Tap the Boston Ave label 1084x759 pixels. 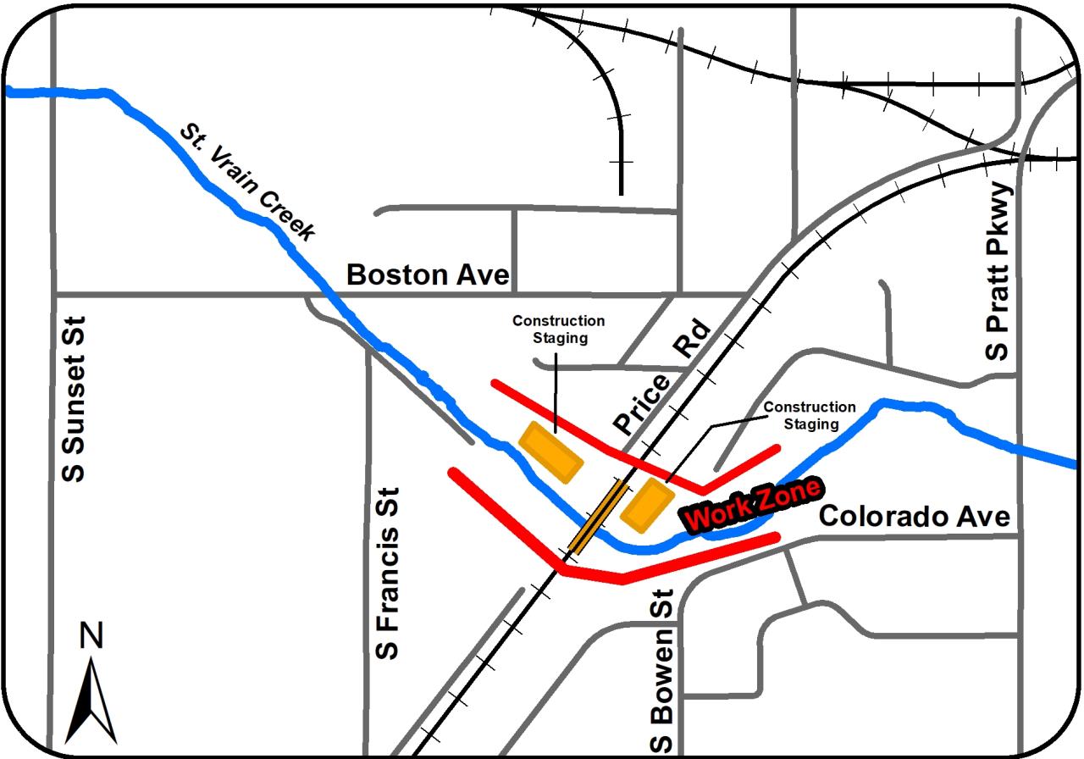point(428,274)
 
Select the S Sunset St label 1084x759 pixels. point(75,399)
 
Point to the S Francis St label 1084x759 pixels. point(386,573)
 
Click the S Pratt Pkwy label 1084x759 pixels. point(999,271)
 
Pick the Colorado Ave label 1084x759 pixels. point(915,516)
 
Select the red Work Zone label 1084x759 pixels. point(752,506)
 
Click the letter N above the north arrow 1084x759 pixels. point(91,635)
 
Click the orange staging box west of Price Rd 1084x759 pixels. point(551,452)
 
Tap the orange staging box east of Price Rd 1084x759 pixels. point(646,505)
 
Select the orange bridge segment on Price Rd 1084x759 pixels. point(599,516)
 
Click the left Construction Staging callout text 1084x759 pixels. point(559,329)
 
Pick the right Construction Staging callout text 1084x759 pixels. point(810,415)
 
